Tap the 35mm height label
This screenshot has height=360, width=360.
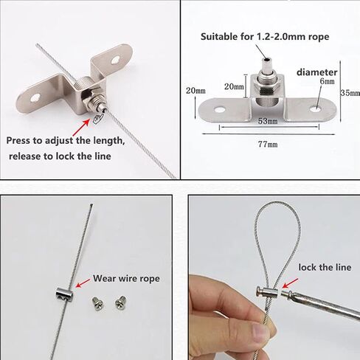pyautogui.click(x=349, y=94)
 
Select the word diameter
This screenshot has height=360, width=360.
pyautogui.click(x=316, y=72)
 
